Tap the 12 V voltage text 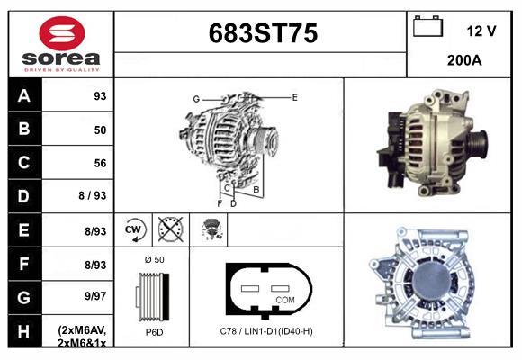481,31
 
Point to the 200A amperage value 464,60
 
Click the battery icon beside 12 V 428,28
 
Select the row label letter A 23,95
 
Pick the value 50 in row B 100,130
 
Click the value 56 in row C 100,164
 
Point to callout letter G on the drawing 195,98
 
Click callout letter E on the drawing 294,96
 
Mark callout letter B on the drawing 256,190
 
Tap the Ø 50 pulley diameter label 153,259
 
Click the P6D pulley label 153,331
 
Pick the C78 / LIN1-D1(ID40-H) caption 266,331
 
